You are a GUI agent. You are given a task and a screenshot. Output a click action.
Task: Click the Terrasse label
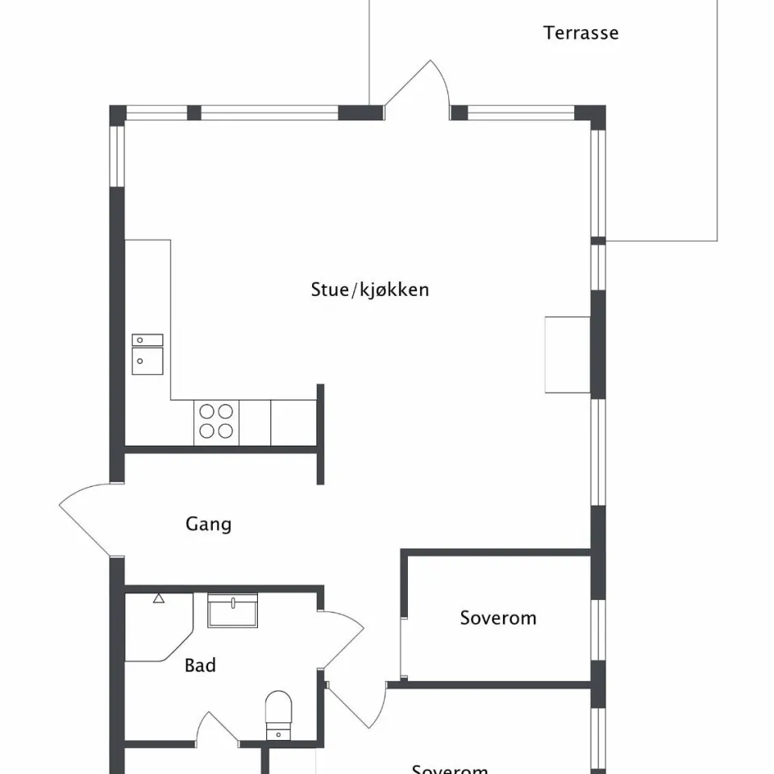(x=580, y=33)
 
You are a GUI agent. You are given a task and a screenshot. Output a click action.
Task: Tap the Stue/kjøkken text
(x=369, y=289)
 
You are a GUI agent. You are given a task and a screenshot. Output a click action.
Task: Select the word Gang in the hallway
(x=208, y=524)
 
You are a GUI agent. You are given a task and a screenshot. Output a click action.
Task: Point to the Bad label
(x=200, y=666)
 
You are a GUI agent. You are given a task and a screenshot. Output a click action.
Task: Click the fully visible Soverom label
(x=497, y=618)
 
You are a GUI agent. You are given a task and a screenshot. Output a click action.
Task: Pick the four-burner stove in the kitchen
(x=217, y=422)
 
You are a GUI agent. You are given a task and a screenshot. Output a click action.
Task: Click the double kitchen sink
(x=148, y=354)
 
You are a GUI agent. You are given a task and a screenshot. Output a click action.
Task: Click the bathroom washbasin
(x=232, y=611)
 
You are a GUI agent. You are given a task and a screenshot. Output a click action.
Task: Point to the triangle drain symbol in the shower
(x=159, y=598)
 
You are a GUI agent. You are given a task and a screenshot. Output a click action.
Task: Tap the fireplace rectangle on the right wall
(x=568, y=355)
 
